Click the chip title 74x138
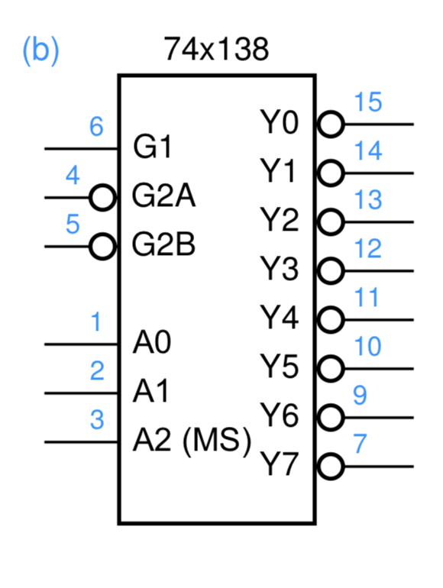216,51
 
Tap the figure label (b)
40,50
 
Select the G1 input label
153,147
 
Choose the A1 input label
151,393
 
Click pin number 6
96,127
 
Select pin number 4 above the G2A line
73,176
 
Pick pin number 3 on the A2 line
96,420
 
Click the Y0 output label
280,122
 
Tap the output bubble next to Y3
329,270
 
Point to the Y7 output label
280,464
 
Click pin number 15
367,102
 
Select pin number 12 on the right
367,249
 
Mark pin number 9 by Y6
360,396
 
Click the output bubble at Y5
329,368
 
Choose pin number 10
367,347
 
